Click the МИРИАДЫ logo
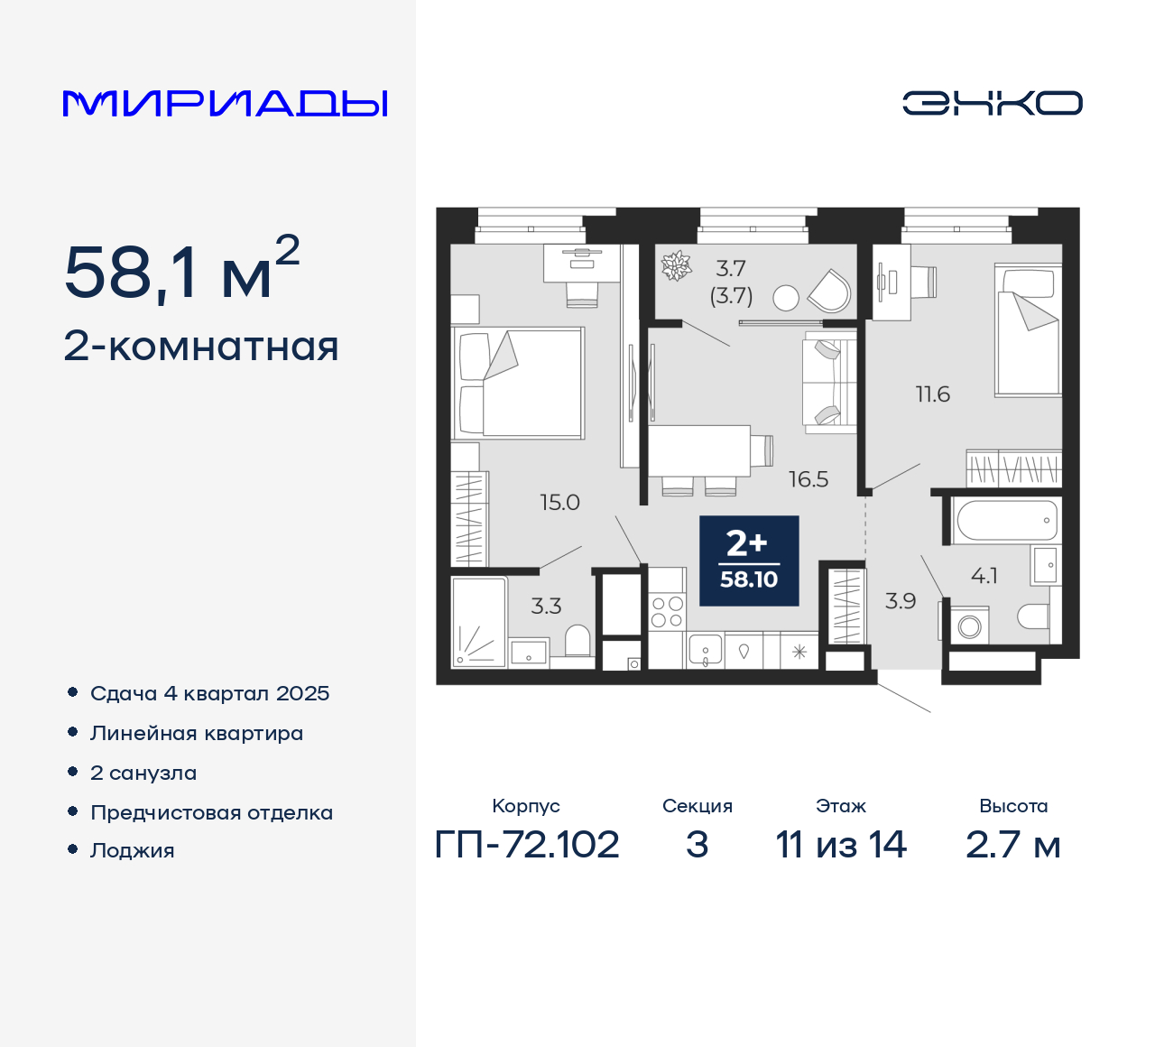tap(226, 104)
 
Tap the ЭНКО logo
tap(992, 103)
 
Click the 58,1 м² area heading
tap(181, 271)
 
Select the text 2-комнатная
tap(201, 347)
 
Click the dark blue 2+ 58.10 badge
tap(749, 561)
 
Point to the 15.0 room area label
tap(559, 503)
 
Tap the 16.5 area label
tap(808, 479)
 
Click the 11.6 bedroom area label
tap(932, 394)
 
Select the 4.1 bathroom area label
tap(984, 576)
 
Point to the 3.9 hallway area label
tap(901, 601)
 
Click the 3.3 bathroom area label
tap(546, 607)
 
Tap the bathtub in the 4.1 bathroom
tap(1005, 521)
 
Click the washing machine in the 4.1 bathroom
tap(970, 625)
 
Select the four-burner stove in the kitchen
tap(667, 612)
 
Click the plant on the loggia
tap(676, 265)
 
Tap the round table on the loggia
tap(786, 298)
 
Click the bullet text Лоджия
tap(133, 851)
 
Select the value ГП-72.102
tap(527, 845)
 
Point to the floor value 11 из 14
tap(841, 845)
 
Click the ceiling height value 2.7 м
tap(1012, 845)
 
